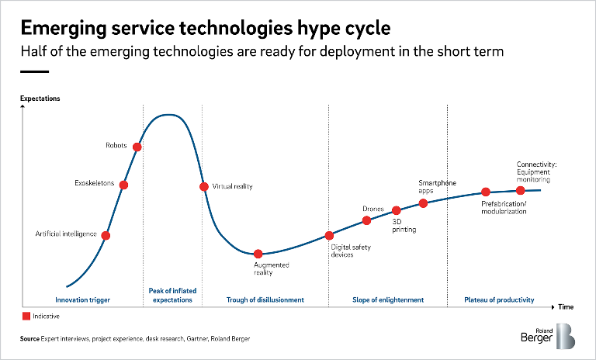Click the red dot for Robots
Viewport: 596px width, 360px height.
(137, 147)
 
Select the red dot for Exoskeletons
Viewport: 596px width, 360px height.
(123, 185)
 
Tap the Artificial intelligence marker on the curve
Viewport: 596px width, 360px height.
(106, 235)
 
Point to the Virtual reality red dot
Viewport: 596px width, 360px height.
(204, 186)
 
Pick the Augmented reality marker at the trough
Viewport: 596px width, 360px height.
(258, 254)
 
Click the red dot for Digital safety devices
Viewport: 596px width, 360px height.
(329, 235)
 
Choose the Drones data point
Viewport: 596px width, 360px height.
(367, 220)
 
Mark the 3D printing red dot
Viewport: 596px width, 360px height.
(396, 210)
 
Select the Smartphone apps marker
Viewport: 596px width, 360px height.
(423, 203)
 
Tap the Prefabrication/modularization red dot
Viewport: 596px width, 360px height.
(485, 192)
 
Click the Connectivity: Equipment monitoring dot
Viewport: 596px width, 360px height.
(521, 190)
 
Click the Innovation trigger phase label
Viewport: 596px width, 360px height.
(82, 299)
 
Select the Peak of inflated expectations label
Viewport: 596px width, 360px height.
(172, 295)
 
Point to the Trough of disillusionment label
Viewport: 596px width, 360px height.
(265, 299)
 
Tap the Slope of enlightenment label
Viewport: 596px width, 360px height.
(388, 299)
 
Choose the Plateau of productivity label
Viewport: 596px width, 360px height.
(499, 299)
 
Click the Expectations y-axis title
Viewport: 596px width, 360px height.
(40, 99)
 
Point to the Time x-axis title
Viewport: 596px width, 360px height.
(567, 306)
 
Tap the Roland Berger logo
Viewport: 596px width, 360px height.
(549, 335)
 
